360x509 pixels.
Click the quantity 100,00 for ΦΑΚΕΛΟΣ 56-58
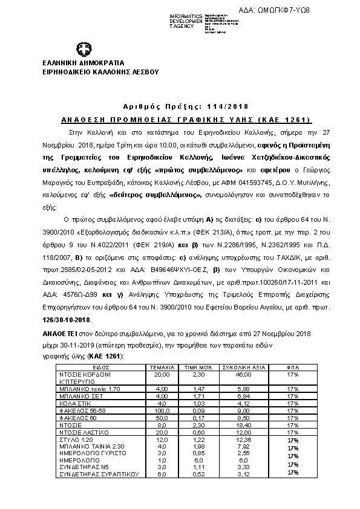point(162,409)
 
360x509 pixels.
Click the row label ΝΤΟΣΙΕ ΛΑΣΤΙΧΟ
point(84,432)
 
